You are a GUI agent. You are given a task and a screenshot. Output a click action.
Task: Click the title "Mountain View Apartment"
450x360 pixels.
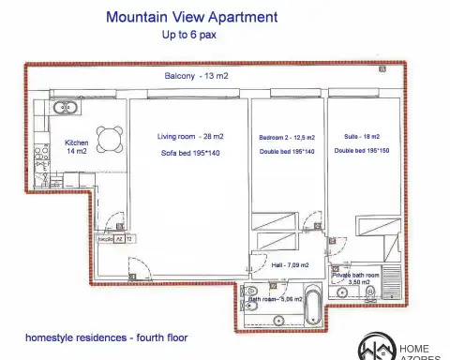(x=191, y=17)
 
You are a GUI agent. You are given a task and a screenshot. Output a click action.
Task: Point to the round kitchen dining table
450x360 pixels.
(x=110, y=138)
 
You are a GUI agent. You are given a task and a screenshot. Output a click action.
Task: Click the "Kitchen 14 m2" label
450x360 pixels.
(x=76, y=147)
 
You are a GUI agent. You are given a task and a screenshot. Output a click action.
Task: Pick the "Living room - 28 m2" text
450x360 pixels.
(x=189, y=137)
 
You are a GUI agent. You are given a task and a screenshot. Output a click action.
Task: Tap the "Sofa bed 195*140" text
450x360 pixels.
(x=189, y=152)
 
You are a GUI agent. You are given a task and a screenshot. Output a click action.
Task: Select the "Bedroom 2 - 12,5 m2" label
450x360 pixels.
(x=287, y=138)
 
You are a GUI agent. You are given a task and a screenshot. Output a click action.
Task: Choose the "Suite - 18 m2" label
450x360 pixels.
(x=362, y=137)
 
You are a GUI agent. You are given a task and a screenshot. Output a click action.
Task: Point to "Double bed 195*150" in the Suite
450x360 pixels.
(x=362, y=151)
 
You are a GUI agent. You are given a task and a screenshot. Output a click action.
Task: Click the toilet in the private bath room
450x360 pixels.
(x=370, y=293)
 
